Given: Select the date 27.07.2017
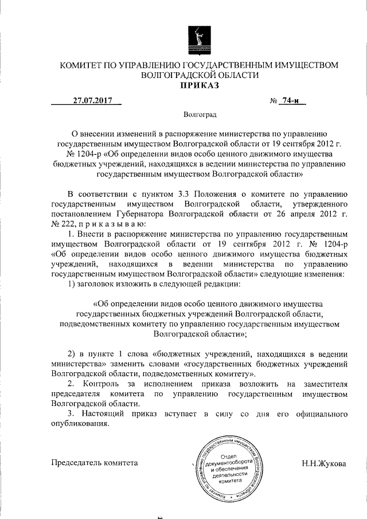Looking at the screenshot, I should (x=92, y=102).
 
